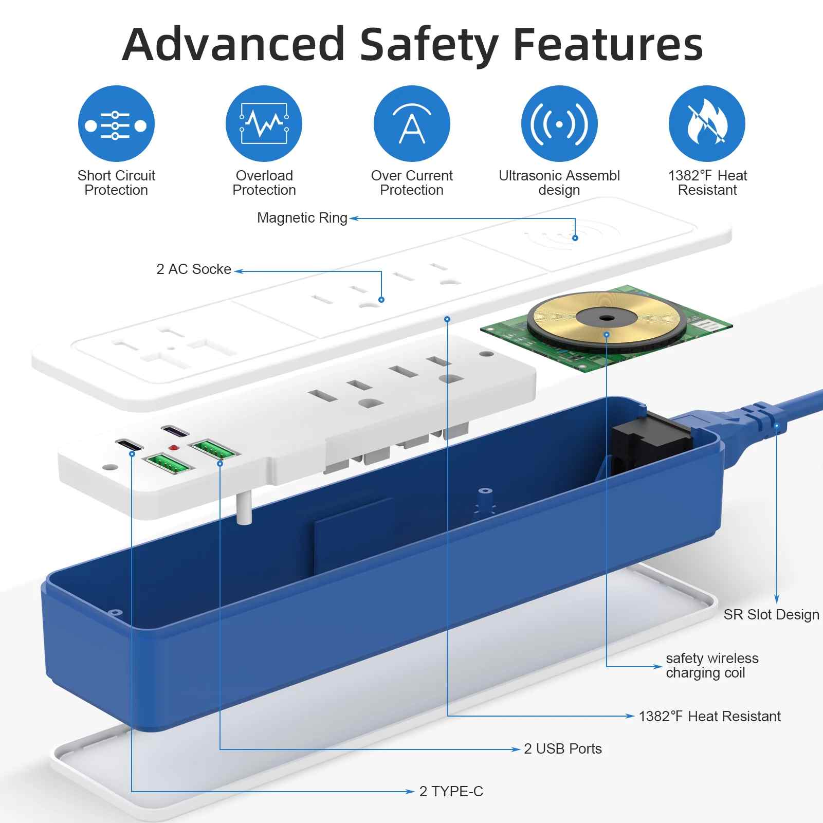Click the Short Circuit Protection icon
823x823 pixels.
[x=116, y=124]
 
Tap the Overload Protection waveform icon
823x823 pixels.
[x=264, y=124]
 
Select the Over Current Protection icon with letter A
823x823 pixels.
[x=412, y=124]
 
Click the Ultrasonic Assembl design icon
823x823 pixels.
[x=559, y=124]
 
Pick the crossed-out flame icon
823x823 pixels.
[x=707, y=124]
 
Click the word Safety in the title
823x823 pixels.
[x=429, y=45]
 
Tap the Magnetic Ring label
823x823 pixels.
[x=302, y=218]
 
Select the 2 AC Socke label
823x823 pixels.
[x=193, y=269]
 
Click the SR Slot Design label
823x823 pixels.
[x=771, y=615]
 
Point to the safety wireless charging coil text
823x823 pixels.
[x=711, y=666]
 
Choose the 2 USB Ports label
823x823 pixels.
[x=562, y=749]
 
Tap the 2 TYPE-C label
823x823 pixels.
[x=451, y=792]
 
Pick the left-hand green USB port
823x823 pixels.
[x=169, y=464]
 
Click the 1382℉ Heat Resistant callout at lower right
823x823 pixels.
[x=709, y=717]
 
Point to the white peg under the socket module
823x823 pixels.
[x=244, y=508]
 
